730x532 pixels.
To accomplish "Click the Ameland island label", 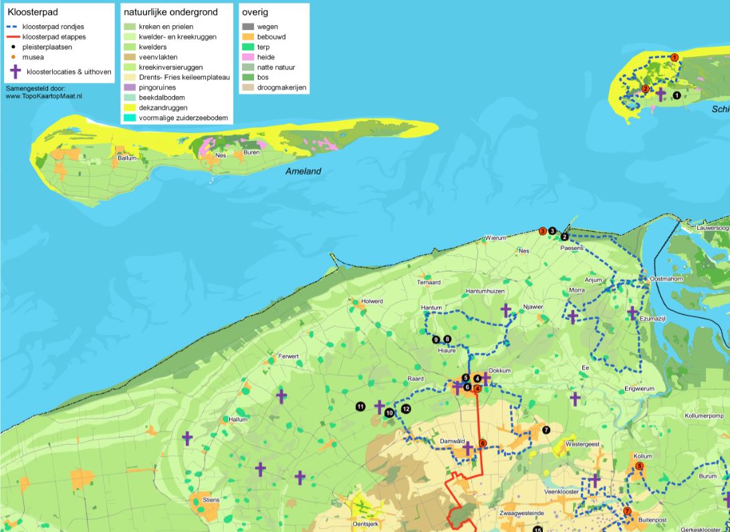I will pyautogui.click(x=303, y=171).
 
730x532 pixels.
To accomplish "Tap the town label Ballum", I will pyautogui.click(x=127, y=158).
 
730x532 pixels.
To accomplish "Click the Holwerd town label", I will pyautogui.click(x=372, y=301).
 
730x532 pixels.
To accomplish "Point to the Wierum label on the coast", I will pyautogui.click(x=496, y=238).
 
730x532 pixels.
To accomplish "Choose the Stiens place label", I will pyautogui.click(x=211, y=500).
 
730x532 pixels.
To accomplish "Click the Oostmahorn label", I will pyautogui.click(x=664, y=279).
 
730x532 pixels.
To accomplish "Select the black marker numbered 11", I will pyautogui.click(x=360, y=406).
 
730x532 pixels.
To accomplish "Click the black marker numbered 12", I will pyautogui.click(x=406, y=409).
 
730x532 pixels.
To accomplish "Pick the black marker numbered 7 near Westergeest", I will pyautogui.click(x=546, y=430).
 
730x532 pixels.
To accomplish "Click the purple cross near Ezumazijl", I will pyautogui.click(x=632, y=312).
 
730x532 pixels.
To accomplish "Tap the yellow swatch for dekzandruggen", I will pyautogui.click(x=130, y=108).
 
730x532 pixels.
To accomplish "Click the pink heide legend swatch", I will pyautogui.click(x=247, y=57).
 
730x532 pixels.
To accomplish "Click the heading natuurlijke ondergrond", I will pyautogui.click(x=170, y=12).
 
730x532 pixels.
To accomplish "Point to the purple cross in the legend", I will pyautogui.click(x=15, y=72).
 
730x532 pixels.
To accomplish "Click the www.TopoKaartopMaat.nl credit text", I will pyautogui.click(x=43, y=96).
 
